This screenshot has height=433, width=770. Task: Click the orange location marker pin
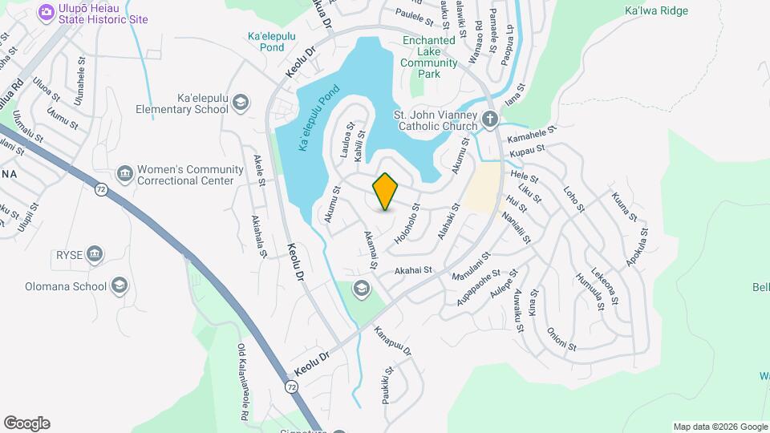tap(386, 191)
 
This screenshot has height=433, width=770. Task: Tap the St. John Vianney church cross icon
tap(491, 120)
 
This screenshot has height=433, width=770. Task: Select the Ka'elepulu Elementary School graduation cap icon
tap(241, 100)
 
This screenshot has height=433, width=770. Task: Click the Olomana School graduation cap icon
tap(120, 286)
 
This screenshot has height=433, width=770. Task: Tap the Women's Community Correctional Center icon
tap(124, 174)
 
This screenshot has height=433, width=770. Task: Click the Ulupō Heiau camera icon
tap(46, 11)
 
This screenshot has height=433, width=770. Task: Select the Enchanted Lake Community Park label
tap(431, 57)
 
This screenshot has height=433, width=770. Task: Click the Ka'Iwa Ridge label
tap(655, 11)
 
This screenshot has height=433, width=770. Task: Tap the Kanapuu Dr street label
tap(393, 340)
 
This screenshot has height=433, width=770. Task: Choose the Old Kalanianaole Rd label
tap(241, 382)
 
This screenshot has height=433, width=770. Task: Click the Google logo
tap(26, 423)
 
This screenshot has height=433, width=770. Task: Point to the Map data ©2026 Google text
tap(719, 427)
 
